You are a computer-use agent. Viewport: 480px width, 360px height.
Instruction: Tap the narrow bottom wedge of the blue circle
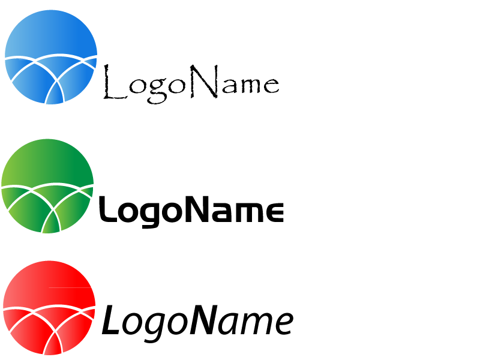coord(55,96)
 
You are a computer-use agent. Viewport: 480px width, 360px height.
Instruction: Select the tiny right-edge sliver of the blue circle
coord(94,62)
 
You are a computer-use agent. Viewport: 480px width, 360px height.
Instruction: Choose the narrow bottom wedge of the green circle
coord(51,225)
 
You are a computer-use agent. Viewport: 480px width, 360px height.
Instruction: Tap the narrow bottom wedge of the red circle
coord(53,346)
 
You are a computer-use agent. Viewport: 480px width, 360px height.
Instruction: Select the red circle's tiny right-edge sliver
coord(92,313)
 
